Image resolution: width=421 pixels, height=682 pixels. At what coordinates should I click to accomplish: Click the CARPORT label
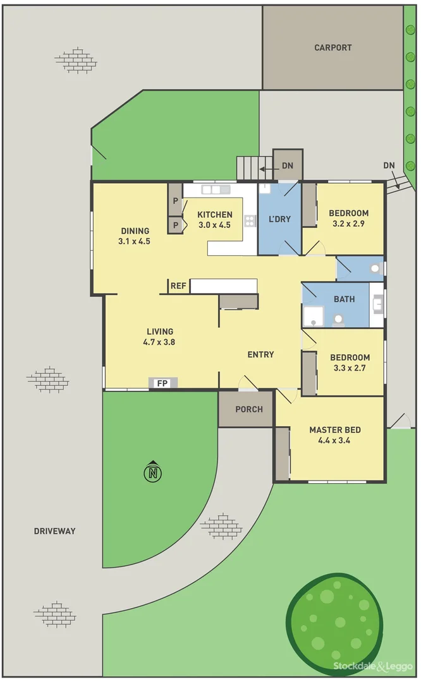[333, 47]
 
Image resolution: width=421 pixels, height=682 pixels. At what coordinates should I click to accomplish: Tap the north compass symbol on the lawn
[152, 472]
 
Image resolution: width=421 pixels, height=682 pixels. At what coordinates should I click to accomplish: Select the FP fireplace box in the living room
[163, 383]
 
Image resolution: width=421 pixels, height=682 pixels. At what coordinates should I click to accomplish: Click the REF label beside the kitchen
[179, 286]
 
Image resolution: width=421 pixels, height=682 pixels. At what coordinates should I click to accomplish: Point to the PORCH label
[248, 409]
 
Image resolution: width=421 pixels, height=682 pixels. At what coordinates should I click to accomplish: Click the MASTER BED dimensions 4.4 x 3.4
[335, 440]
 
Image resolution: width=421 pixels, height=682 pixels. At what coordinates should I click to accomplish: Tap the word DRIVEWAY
[54, 531]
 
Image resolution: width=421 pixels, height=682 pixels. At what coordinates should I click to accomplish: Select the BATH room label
[345, 299]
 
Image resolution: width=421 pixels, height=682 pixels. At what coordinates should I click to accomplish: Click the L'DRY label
[279, 219]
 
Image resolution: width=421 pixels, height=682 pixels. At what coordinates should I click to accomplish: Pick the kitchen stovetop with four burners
[250, 220]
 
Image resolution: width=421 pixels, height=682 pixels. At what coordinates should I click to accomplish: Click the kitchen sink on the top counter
[216, 189]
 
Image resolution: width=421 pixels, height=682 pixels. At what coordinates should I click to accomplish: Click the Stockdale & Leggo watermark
[373, 667]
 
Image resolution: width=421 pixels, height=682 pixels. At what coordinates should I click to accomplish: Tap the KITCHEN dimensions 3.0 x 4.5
[215, 225]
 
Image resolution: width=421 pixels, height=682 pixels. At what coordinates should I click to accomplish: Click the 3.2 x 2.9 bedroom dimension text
[348, 224]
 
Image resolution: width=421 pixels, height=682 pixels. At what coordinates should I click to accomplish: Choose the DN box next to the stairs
[288, 166]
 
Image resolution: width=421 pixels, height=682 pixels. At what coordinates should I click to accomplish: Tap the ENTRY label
[260, 355]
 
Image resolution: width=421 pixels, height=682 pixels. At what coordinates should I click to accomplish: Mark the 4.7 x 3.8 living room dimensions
[160, 342]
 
